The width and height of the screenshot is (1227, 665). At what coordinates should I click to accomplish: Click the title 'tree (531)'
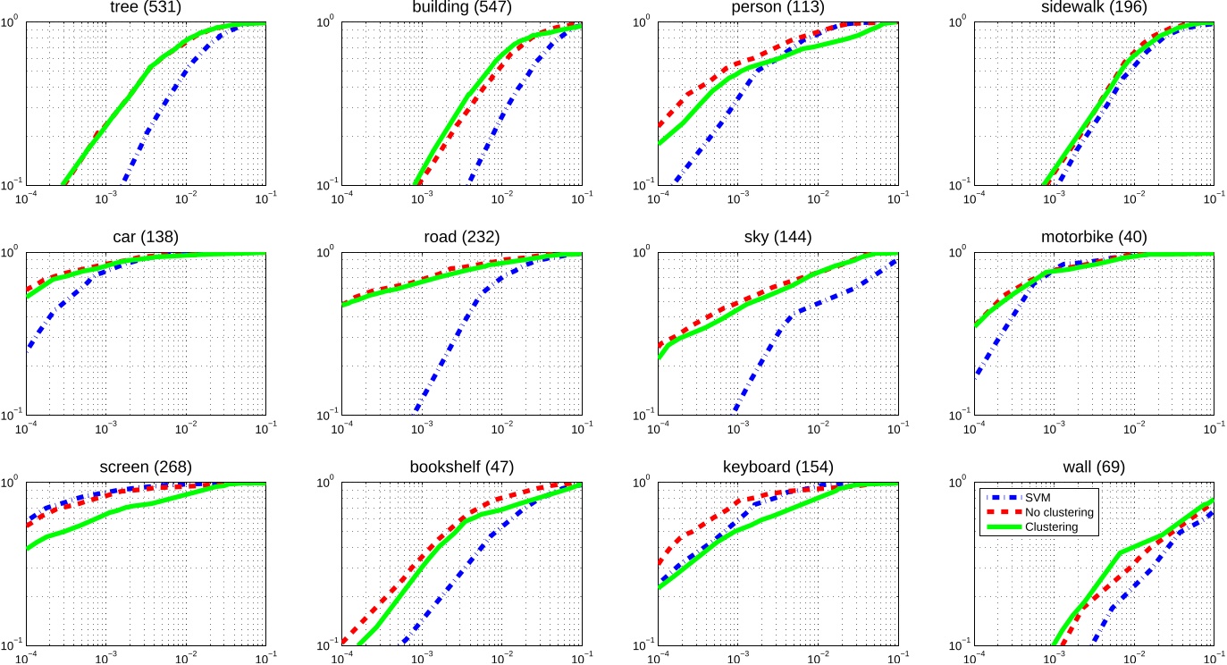tap(147, 8)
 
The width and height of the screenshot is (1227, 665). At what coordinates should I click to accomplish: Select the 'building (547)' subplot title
tap(462, 8)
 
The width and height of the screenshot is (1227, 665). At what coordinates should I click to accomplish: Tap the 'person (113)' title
tap(778, 8)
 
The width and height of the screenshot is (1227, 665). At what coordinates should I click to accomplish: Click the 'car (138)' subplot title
tap(147, 238)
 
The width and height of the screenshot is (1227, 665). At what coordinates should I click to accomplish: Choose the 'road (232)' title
tap(462, 238)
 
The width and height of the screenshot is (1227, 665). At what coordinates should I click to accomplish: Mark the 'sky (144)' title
tap(778, 238)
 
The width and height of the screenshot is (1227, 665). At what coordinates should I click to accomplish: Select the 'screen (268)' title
tap(147, 467)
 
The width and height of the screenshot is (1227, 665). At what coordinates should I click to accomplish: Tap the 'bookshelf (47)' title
tap(462, 467)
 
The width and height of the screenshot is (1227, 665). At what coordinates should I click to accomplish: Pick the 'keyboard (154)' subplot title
tap(778, 467)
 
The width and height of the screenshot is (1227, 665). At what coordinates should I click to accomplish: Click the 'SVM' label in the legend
tap(1037, 497)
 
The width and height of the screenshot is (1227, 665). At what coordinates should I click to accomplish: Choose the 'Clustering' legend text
tap(1051, 527)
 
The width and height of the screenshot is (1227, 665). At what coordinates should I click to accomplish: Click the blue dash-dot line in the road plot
tap(456, 340)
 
